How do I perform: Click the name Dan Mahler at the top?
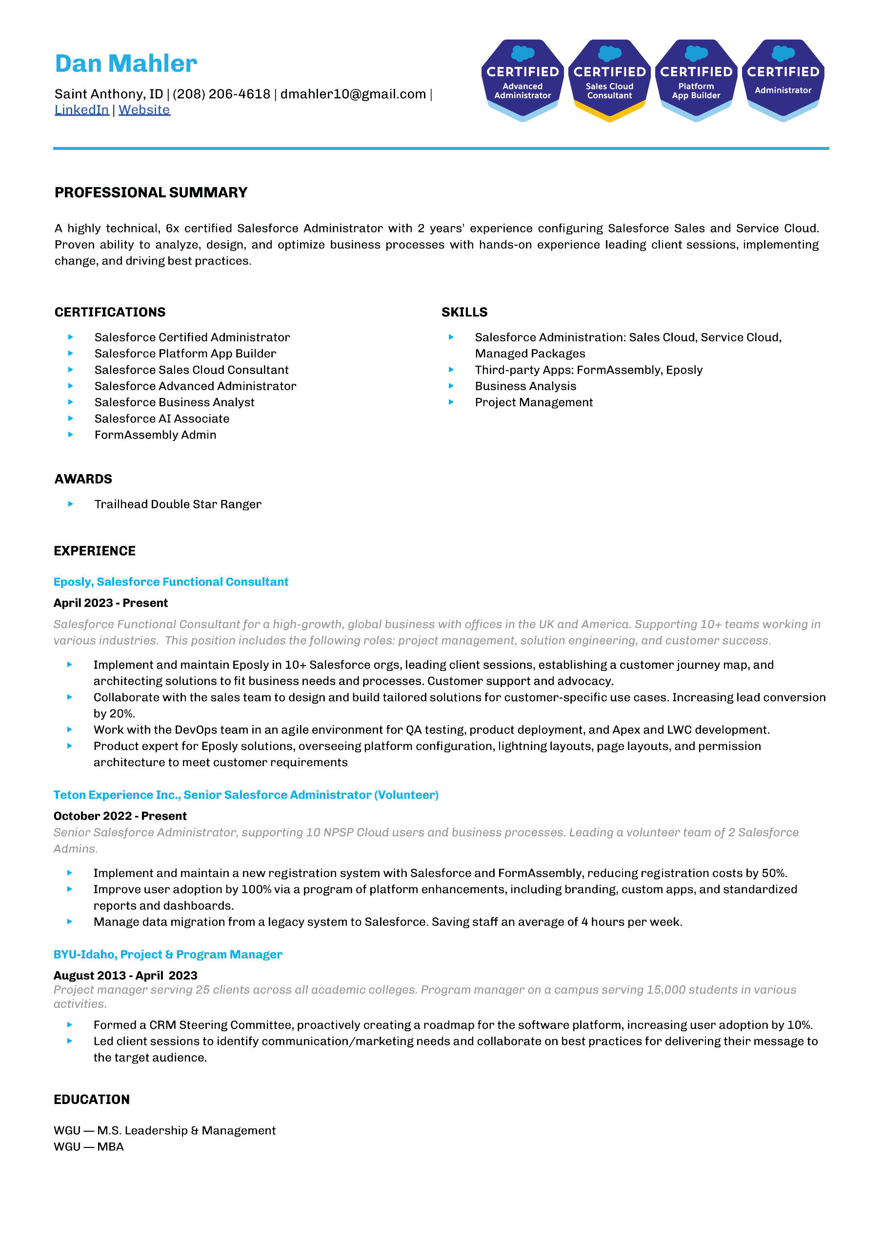click(x=126, y=64)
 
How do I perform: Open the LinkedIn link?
click(x=81, y=110)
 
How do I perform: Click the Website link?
click(x=144, y=110)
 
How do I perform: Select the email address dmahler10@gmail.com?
click(x=353, y=94)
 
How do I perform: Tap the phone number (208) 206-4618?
click(x=221, y=94)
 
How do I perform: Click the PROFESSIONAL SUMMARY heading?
click(x=151, y=193)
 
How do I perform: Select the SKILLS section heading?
click(x=464, y=312)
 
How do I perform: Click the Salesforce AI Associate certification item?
click(x=161, y=419)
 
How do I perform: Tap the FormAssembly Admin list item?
click(x=155, y=435)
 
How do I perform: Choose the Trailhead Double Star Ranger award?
click(x=178, y=504)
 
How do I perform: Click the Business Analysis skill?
click(x=525, y=386)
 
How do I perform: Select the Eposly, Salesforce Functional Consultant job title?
click(x=171, y=582)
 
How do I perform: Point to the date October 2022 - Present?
click(x=120, y=816)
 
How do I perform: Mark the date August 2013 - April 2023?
click(x=125, y=976)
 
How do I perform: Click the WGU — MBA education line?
click(x=89, y=1146)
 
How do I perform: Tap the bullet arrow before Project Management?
click(x=451, y=402)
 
